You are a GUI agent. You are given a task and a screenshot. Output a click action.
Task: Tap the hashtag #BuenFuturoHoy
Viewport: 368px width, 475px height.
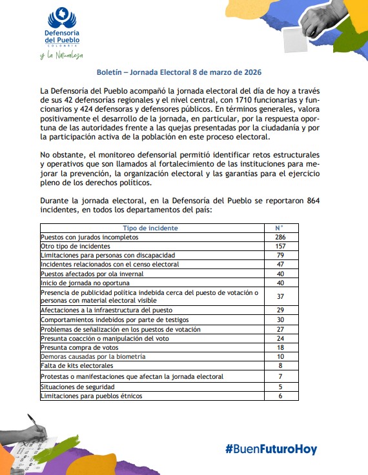click(271, 449)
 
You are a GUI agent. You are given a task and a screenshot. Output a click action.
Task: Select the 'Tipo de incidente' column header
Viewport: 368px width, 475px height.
click(150, 228)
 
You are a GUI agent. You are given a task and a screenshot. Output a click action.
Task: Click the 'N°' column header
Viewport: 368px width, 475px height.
click(280, 228)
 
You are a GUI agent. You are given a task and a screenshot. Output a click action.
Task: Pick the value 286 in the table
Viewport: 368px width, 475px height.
click(280, 237)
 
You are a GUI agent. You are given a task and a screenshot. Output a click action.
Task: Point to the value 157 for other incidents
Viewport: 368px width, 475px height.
click(280, 246)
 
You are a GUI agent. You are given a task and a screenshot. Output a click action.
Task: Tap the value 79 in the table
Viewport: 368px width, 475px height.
click(280, 255)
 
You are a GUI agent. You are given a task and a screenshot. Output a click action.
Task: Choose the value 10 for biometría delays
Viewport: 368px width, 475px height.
click(280, 356)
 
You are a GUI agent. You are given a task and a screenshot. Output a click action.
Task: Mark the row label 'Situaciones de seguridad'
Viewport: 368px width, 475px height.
click(77, 387)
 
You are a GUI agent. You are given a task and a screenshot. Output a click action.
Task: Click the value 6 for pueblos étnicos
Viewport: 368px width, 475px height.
click(280, 396)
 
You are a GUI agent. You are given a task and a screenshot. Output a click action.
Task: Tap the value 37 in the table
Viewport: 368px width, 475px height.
click(280, 296)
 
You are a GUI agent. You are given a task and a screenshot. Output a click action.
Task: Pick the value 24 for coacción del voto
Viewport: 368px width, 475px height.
click(280, 338)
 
